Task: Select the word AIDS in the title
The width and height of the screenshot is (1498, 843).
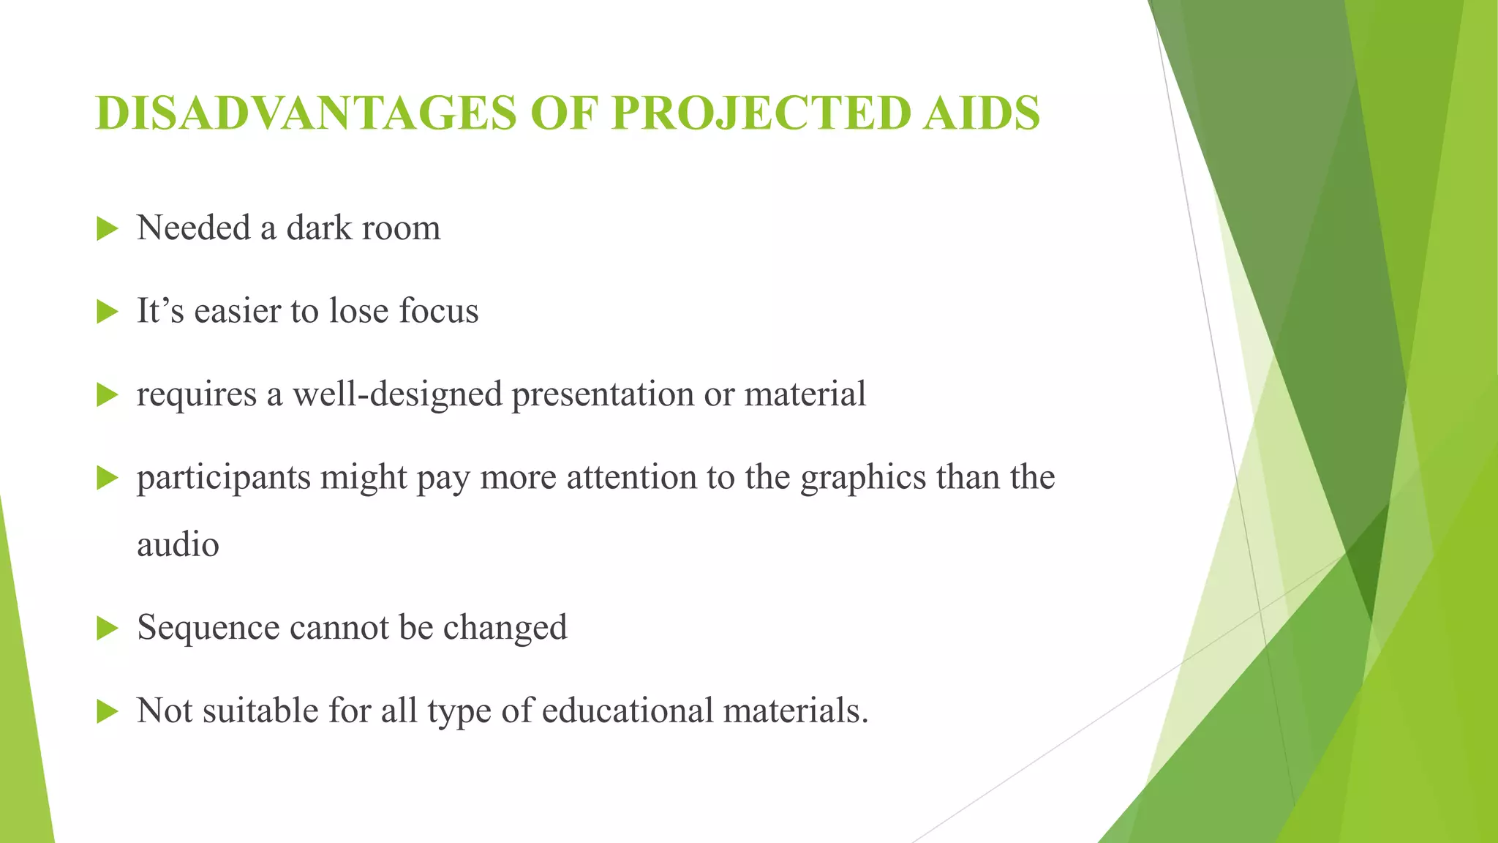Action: click(x=981, y=113)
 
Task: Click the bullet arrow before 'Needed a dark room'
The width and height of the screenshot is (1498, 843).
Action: click(x=107, y=229)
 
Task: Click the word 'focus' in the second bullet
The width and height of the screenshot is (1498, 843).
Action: click(x=439, y=310)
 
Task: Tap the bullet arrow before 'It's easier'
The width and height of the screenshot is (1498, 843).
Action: click(x=107, y=312)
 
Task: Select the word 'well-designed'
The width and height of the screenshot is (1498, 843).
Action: click(x=396, y=394)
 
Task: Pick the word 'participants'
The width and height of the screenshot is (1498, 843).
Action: click(x=222, y=478)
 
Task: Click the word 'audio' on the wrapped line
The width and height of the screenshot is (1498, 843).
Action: click(x=178, y=544)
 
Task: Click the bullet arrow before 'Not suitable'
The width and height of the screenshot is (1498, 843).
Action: click(x=107, y=711)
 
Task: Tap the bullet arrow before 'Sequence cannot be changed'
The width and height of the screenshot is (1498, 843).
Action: click(x=107, y=628)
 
